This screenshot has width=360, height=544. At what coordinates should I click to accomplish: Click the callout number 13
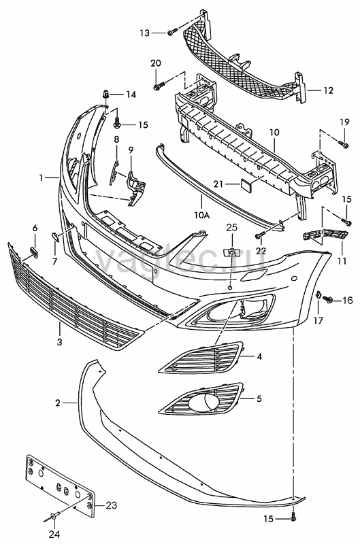tap(144, 33)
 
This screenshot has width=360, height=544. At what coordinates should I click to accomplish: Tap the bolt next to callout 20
tap(157, 86)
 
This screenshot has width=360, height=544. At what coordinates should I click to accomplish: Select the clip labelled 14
tap(107, 94)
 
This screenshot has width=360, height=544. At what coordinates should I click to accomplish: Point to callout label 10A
tap(202, 216)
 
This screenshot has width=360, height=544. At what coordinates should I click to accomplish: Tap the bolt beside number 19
tap(344, 145)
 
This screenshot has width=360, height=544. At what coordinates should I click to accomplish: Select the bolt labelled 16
tap(327, 299)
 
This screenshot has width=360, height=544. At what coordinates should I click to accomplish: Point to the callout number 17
tap(318, 320)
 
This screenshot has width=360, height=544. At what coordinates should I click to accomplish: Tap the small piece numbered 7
tap(56, 237)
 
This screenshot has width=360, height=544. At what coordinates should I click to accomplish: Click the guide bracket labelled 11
tap(325, 235)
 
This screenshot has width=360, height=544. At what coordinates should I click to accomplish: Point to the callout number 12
tap(328, 90)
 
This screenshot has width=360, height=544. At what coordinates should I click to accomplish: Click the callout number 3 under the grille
tap(60, 342)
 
